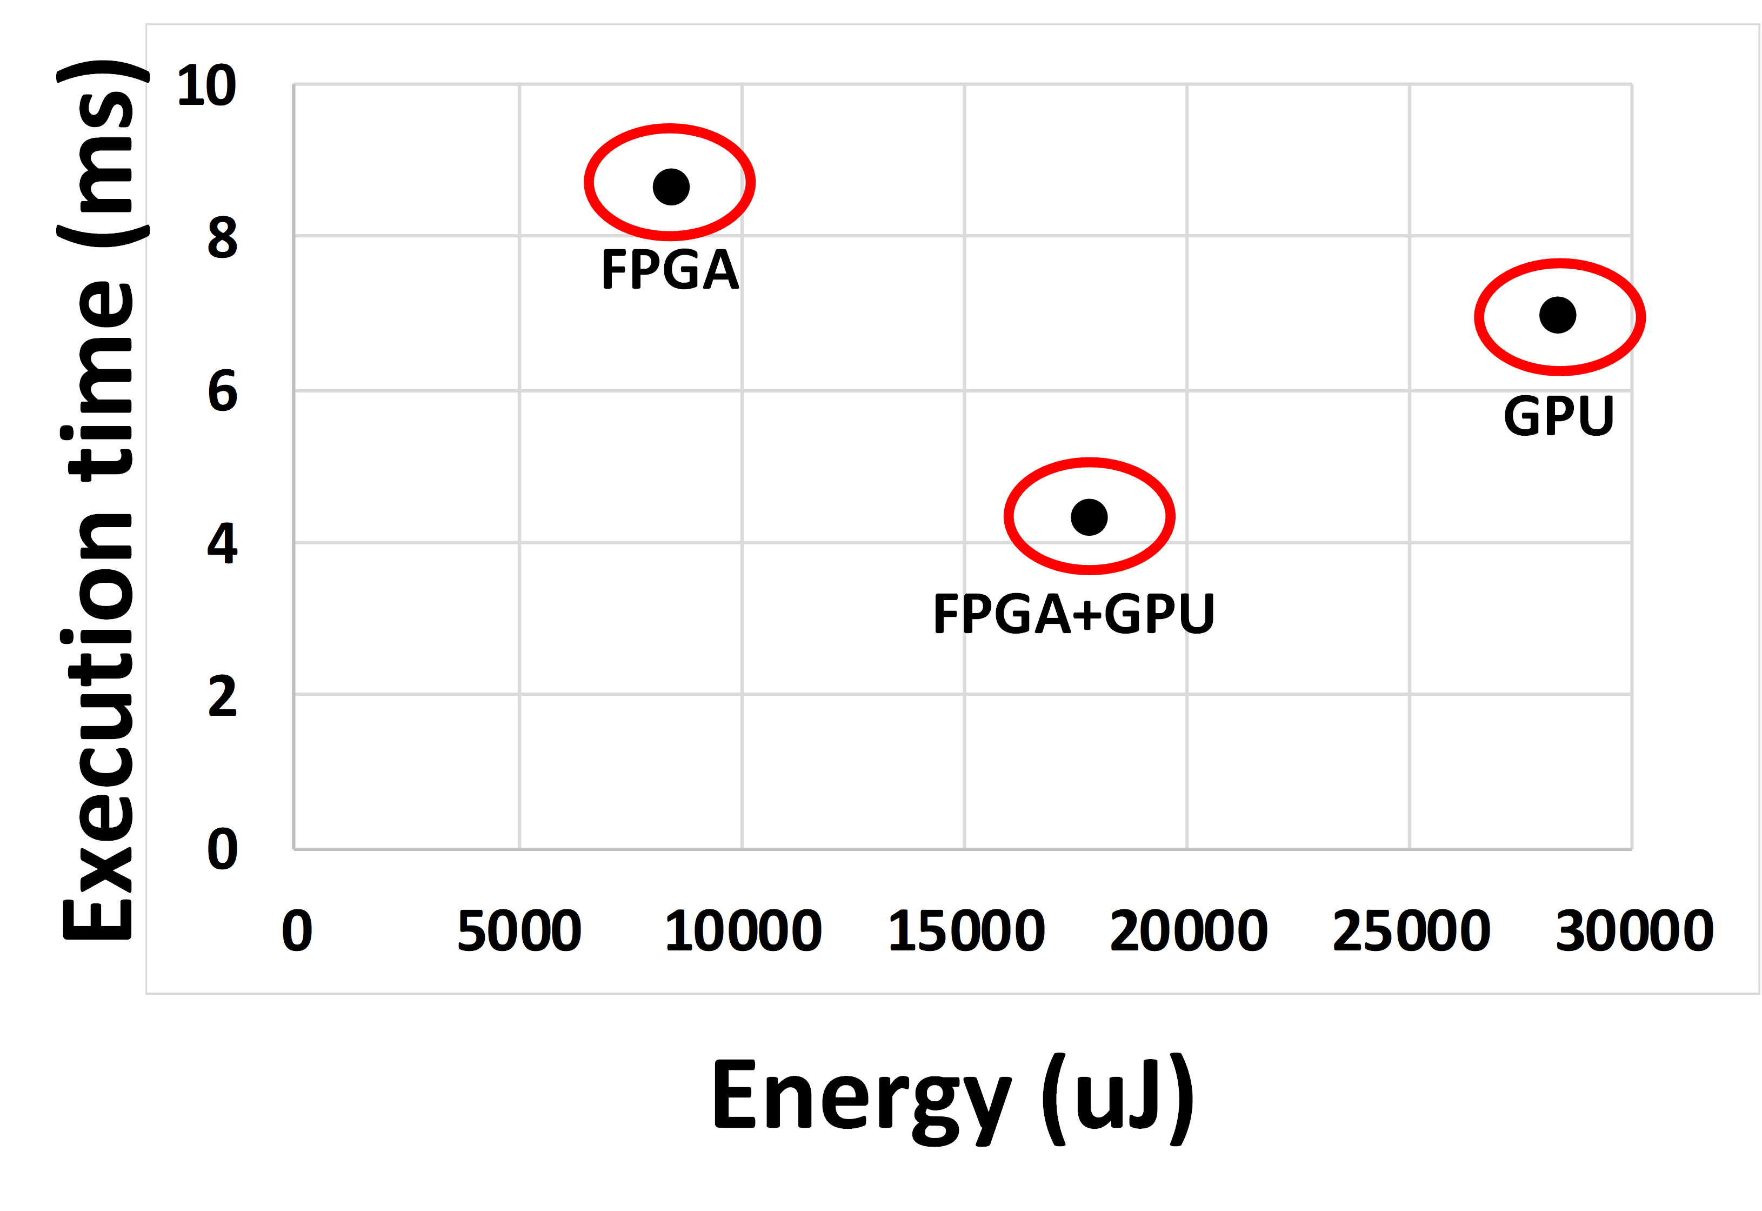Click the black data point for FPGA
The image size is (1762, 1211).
coord(671,187)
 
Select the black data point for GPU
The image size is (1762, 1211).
coord(1558,315)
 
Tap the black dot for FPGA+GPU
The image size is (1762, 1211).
coord(1089,517)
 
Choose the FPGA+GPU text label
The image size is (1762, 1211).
coord(1073,613)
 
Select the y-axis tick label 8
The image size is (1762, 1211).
coord(222,237)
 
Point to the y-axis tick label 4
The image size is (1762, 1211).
coord(222,543)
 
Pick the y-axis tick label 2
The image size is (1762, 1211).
coord(222,696)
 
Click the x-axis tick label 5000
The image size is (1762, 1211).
coord(519,930)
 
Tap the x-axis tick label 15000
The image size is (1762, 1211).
coord(965,930)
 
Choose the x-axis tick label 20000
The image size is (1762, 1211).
coord(1188,930)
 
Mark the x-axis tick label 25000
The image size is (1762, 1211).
coord(1411,930)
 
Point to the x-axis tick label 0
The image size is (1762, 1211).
coord(297,930)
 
